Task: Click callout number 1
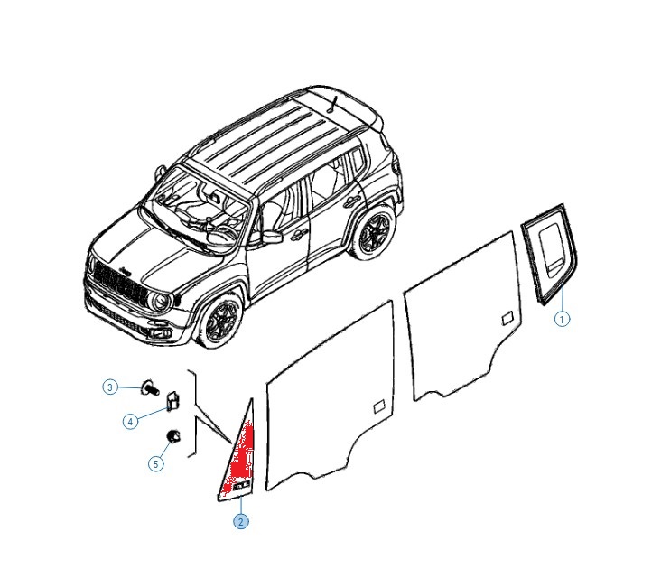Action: point(562,319)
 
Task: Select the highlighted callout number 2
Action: point(241,522)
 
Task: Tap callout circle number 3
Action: point(110,387)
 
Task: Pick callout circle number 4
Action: point(131,422)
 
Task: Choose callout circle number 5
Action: point(156,464)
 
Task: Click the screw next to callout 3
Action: point(150,387)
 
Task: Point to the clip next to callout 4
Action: point(172,401)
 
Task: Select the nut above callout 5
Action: point(173,436)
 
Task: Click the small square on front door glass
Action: point(379,406)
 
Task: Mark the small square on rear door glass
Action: point(507,319)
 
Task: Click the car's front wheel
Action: point(220,322)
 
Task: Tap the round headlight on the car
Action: point(160,302)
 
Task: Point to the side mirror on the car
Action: point(271,237)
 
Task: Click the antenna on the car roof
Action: point(333,105)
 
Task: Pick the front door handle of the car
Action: point(300,234)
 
